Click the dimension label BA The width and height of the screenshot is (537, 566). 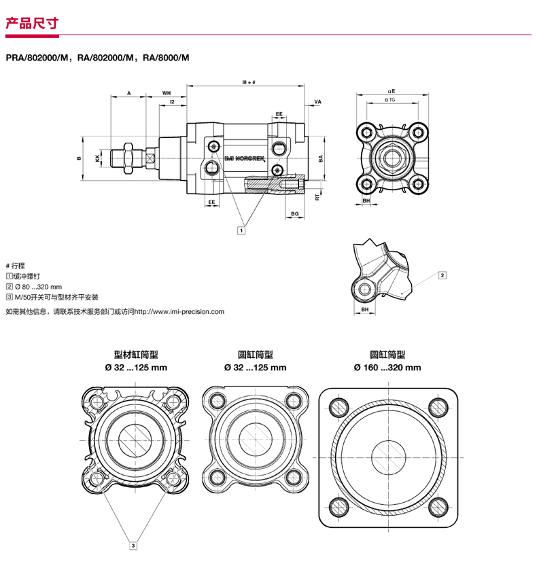tap(321, 158)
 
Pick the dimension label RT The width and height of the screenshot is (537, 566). tap(317, 196)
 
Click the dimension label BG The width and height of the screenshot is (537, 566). tap(294, 214)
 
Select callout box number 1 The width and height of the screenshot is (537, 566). tap(241, 230)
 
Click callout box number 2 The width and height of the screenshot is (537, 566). tap(443, 275)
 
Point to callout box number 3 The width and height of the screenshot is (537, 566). tap(134, 544)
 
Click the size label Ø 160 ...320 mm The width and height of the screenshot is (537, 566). tap(387, 368)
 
